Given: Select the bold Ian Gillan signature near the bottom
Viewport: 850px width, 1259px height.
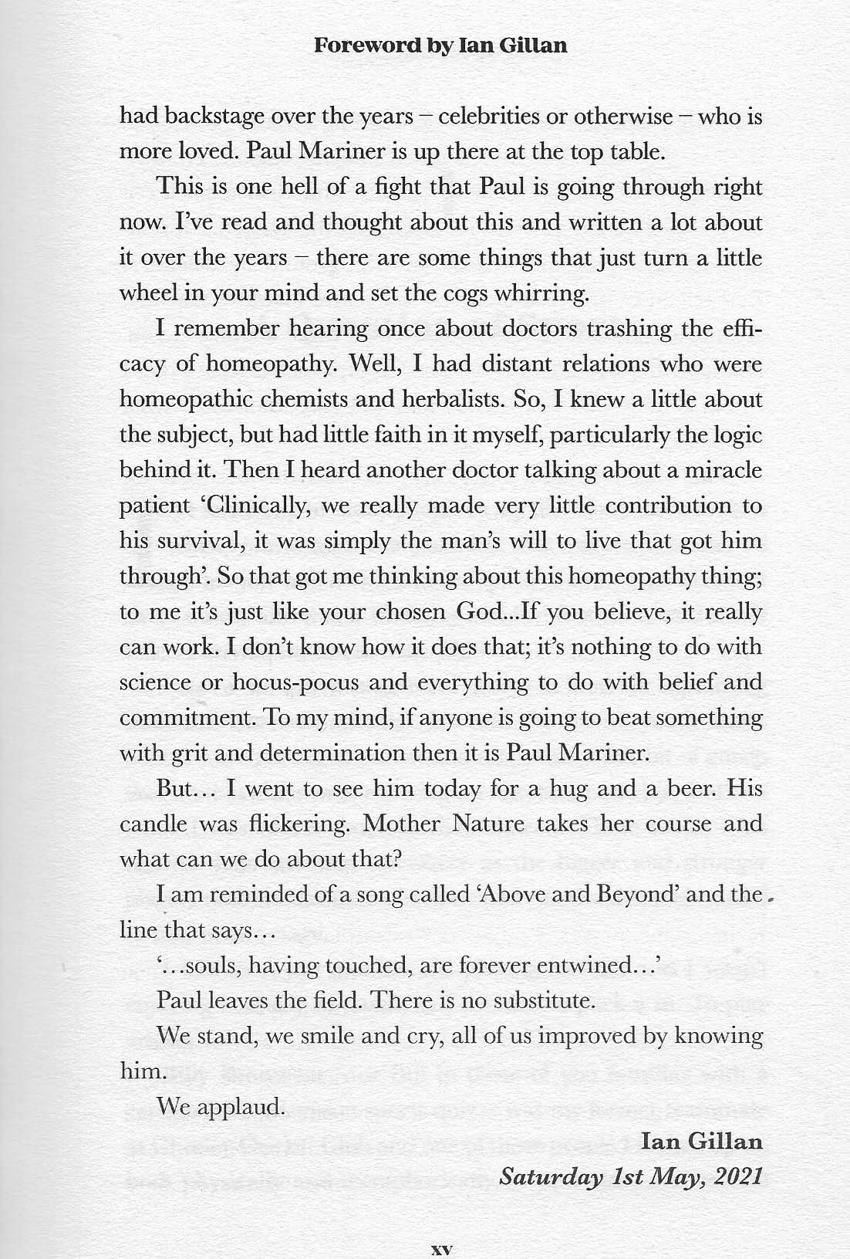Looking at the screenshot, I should pos(701,1142).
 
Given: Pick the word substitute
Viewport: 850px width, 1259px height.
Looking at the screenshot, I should pos(545,1000).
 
